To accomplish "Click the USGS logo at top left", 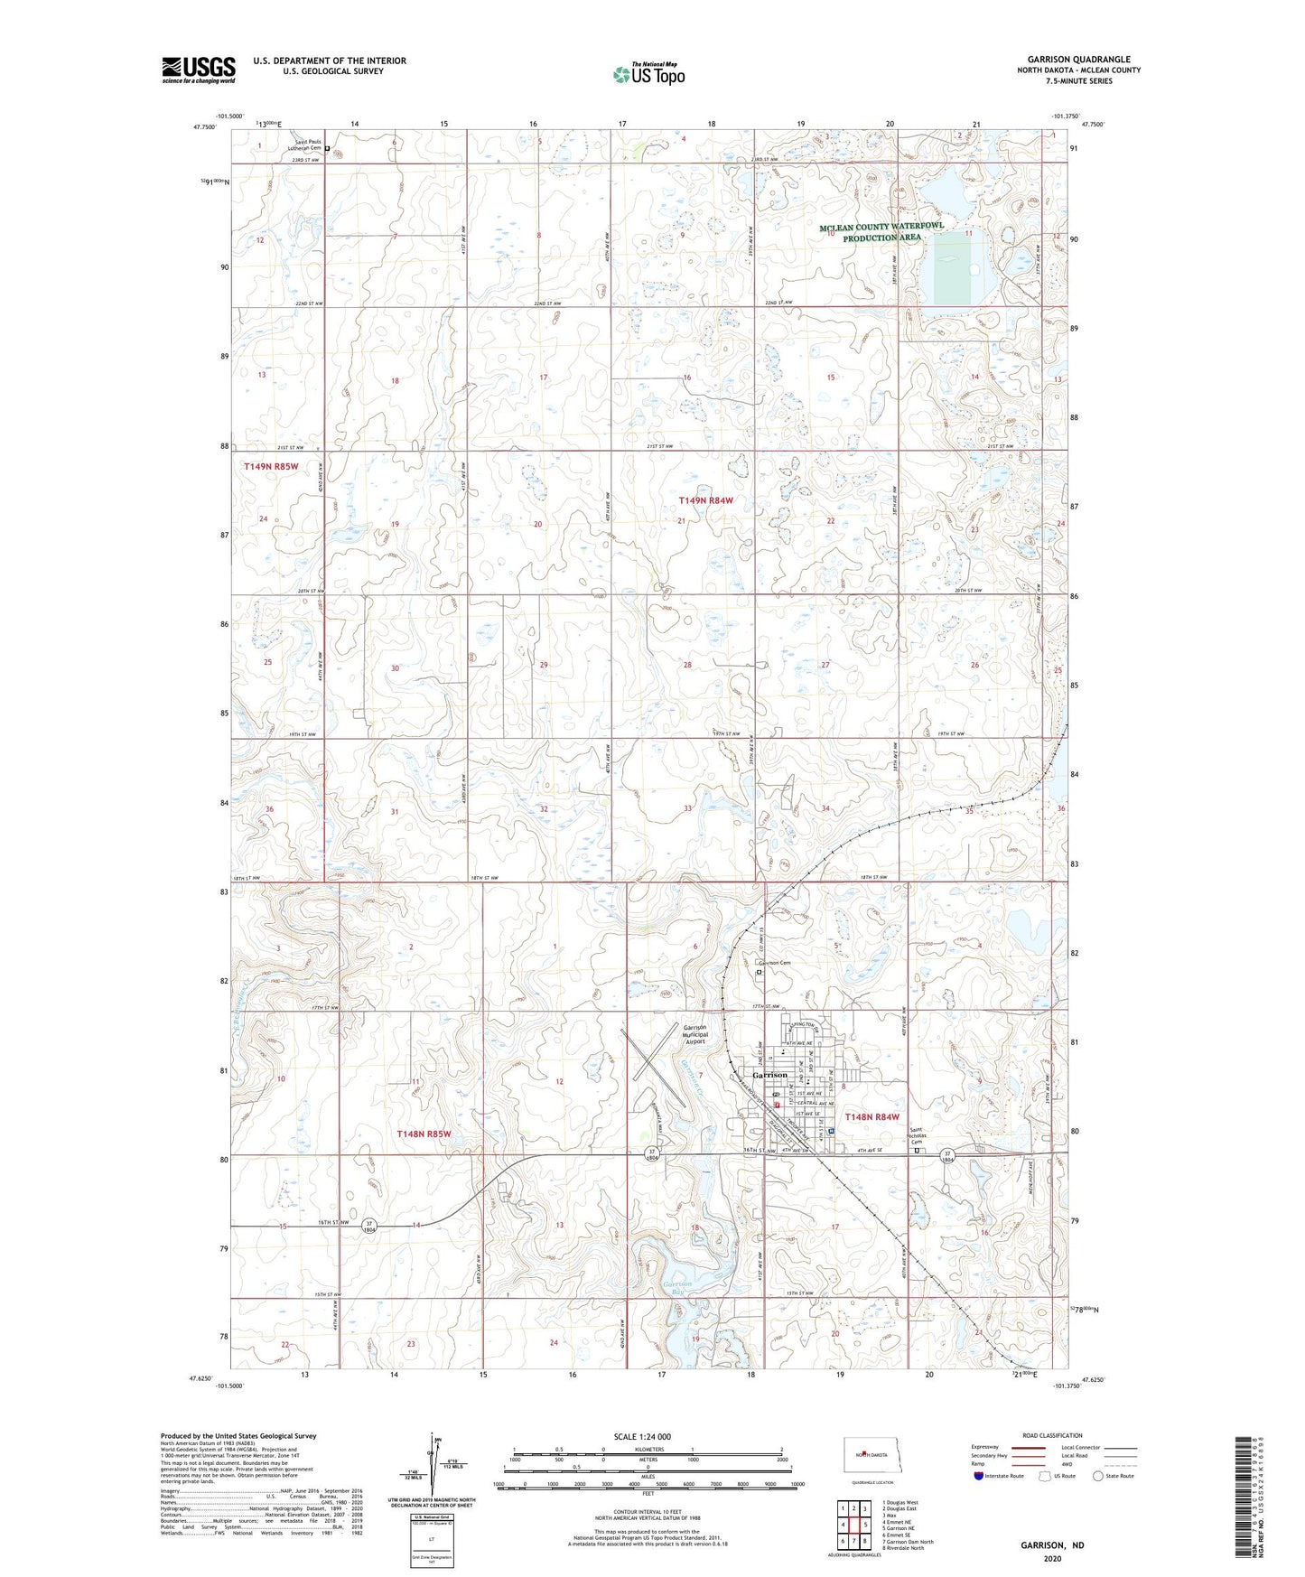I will [x=199, y=70].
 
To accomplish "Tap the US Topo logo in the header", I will [x=648, y=74].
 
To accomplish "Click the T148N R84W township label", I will [x=872, y=1117].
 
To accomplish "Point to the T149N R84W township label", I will [x=706, y=499].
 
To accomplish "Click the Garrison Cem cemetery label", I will [x=774, y=963].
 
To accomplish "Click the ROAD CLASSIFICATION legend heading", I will [x=1053, y=1435].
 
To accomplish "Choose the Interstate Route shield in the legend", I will [x=980, y=1476].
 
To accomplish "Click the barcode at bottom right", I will [x=1249, y=1484].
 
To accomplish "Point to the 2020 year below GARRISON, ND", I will [x=1052, y=1558].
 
